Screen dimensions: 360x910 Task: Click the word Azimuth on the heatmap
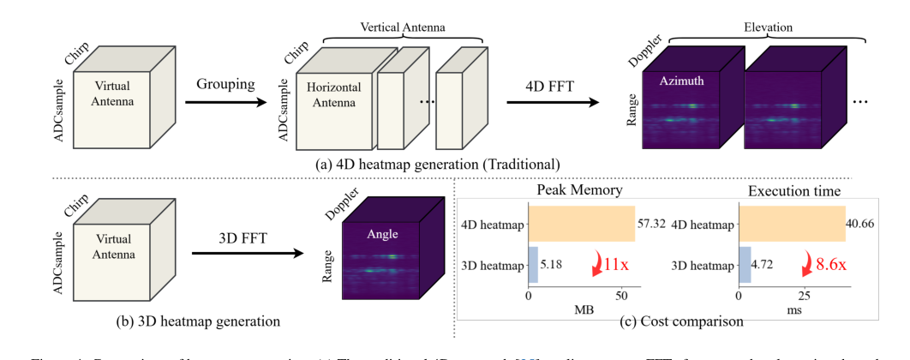coord(683,81)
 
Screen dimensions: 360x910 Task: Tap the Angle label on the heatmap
coord(383,232)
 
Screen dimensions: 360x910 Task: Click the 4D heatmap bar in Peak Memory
coord(582,225)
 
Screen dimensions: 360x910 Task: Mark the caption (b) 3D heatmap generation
coord(199,321)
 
